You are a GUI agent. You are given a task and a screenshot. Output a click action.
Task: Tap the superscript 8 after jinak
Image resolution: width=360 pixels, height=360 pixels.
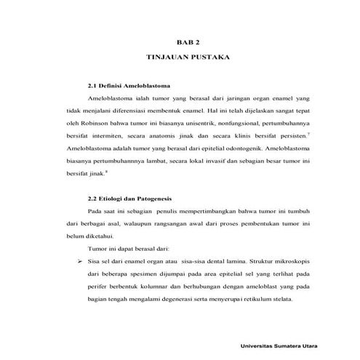[106, 170]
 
